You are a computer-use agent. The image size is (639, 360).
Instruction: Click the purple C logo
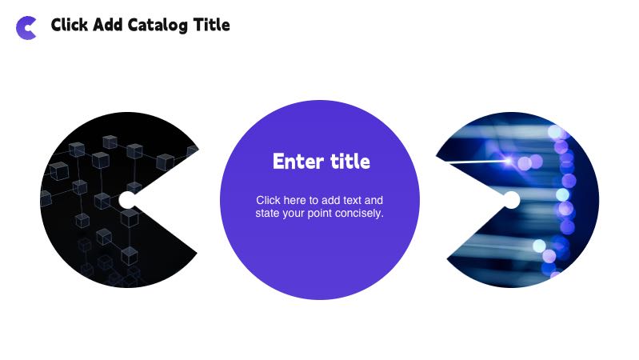[x=26, y=27]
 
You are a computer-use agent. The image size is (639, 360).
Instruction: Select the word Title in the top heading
[x=212, y=26]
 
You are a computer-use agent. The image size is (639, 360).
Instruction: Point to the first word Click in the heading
[x=70, y=26]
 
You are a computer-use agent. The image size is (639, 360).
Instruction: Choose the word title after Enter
[x=350, y=162]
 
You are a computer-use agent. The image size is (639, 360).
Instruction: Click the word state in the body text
[x=268, y=214]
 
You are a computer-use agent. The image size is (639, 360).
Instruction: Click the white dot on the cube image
[x=127, y=200]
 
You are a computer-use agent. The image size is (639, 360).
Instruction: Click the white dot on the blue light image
[x=511, y=200]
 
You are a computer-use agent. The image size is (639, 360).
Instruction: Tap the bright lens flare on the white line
[x=508, y=161]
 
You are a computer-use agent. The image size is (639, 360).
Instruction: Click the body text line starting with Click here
[x=319, y=200]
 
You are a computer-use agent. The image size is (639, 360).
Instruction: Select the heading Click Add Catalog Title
[x=140, y=26]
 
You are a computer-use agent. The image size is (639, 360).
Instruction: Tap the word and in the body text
[x=374, y=200]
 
